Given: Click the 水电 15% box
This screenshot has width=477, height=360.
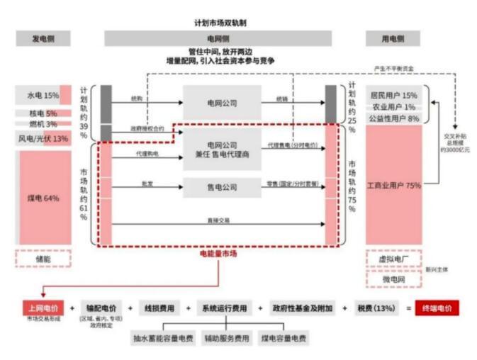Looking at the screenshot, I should pos(43,95).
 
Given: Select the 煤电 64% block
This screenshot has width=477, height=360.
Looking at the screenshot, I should pos(43,198).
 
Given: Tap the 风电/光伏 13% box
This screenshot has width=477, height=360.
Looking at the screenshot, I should pos(43,138).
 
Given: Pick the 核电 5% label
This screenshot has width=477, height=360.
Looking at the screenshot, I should pos(43,113).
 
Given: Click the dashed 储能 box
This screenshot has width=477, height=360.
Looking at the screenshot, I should pos(43,259).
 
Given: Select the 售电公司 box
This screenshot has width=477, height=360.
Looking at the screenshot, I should pos(222,188).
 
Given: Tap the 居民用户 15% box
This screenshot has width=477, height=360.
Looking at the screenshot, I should pos(393,95).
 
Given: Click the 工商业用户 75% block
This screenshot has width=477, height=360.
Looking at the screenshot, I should pos(393,186).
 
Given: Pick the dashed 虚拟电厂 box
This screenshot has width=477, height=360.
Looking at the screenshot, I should pos(393,259).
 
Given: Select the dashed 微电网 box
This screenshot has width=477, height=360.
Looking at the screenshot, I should pos(393,279).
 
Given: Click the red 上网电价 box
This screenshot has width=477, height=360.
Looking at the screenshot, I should pos(43,308).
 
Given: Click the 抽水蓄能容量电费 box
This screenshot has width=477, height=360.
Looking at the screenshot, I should pos(163,338).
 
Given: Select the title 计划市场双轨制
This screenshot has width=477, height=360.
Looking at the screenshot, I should pos(220,23).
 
